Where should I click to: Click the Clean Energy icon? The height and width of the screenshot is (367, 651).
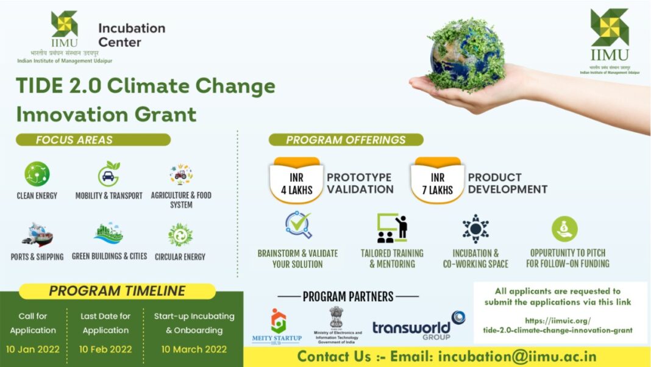[37, 174]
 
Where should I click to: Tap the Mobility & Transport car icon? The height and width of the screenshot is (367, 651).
[108, 174]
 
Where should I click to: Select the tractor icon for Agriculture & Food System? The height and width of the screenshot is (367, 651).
[181, 174]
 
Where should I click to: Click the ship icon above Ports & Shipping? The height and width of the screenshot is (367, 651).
[37, 234]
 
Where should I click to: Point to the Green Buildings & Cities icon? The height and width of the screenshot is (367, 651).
[108, 233]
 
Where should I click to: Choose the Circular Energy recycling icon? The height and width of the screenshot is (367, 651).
[180, 235]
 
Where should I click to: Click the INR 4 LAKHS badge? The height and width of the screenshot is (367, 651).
[297, 181]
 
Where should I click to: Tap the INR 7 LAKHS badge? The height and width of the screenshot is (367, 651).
[438, 181]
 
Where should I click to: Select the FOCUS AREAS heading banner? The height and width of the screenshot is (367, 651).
[93, 140]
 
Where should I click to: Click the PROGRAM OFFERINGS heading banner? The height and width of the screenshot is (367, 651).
[346, 140]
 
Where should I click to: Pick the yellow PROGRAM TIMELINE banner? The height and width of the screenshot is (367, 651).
[117, 291]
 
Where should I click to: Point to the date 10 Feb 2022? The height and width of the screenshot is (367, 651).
[105, 349]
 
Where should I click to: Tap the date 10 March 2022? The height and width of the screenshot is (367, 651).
[194, 349]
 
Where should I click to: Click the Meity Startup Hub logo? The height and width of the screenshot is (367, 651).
[277, 327]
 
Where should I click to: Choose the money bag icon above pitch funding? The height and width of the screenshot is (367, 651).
[564, 229]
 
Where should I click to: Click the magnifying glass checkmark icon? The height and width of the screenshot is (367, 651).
[298, 225]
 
